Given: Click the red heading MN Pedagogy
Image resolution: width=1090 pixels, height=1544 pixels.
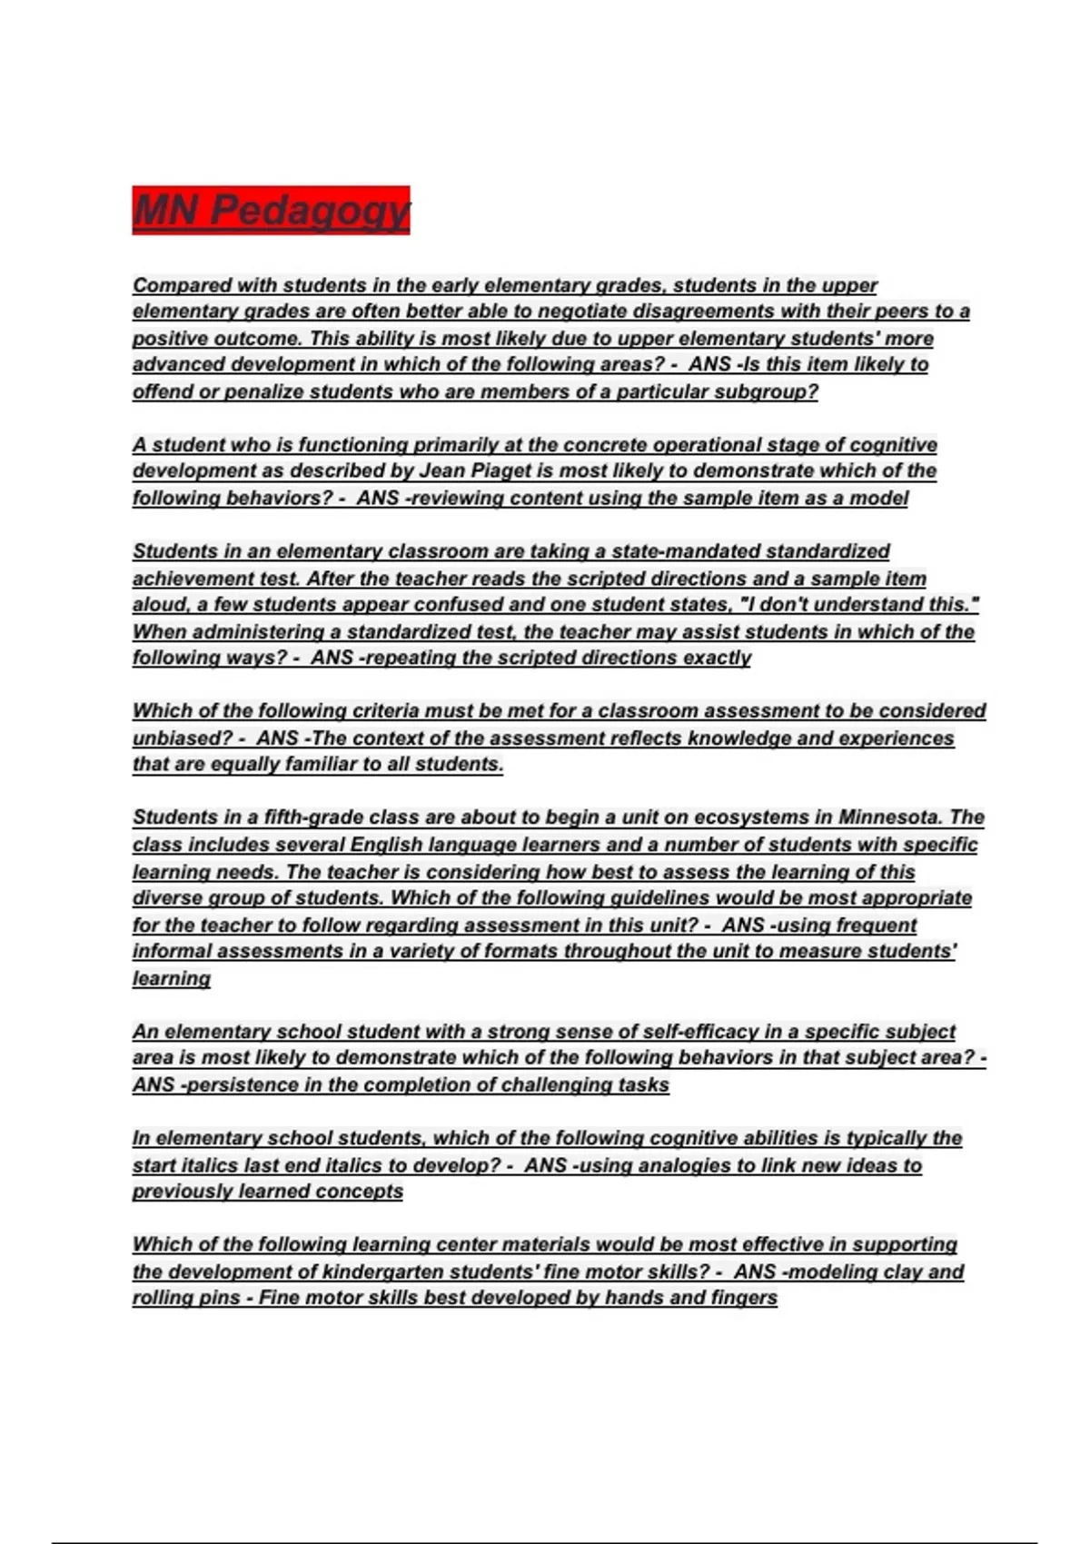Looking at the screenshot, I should [x=271, y=211].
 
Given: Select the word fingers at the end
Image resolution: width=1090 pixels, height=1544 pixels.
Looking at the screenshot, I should [x=747, y=1298].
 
